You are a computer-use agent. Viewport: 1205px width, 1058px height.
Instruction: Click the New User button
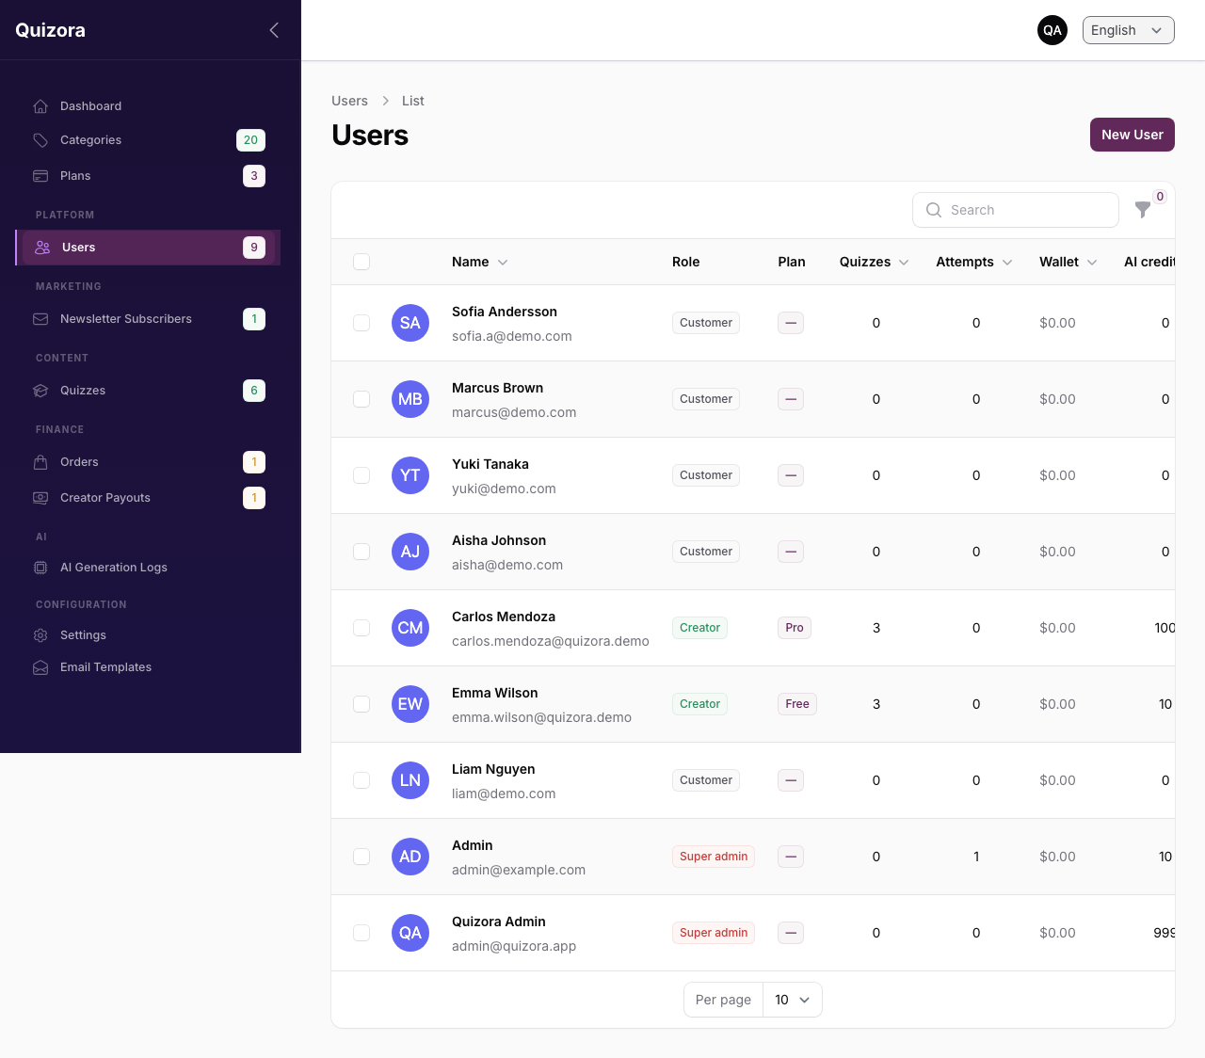coord(1132,135)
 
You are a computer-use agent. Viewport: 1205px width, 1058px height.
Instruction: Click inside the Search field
coord(1015,210)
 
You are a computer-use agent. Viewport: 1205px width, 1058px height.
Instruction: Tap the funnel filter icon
coord(1143,209)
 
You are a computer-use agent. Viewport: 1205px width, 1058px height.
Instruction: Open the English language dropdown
coord(1128,30)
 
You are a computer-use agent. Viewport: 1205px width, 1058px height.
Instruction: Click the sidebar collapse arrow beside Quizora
coord(274,30)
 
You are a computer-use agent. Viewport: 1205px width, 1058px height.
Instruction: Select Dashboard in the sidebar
coord(90,105)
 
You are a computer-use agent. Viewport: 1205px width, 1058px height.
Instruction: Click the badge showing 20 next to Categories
coord(251,139)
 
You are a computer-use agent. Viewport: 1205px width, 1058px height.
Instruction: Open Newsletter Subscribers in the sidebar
coord(125,319)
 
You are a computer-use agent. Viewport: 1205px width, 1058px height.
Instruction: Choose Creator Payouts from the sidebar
coord(104,498)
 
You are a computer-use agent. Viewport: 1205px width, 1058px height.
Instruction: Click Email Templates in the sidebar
coord(105,667)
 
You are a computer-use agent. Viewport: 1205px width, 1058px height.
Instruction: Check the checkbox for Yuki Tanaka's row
coord(361,475)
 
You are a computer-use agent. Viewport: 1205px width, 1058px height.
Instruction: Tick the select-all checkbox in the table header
coord(361,262)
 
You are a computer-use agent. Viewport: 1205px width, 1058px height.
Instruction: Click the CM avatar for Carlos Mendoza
coord(410,628)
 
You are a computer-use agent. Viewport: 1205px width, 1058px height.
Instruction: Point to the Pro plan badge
coord(794,628)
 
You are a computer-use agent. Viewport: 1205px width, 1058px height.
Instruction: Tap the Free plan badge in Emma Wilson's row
coord(797,703)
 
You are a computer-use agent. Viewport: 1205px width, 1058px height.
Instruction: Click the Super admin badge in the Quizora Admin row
coord(714,933)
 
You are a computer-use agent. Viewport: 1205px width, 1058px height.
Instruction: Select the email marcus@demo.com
coord(514,412)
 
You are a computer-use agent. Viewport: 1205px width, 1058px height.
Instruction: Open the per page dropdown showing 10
coord(793,1000)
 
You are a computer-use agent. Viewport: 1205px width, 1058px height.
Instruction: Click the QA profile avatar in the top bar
coord(1052,30)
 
